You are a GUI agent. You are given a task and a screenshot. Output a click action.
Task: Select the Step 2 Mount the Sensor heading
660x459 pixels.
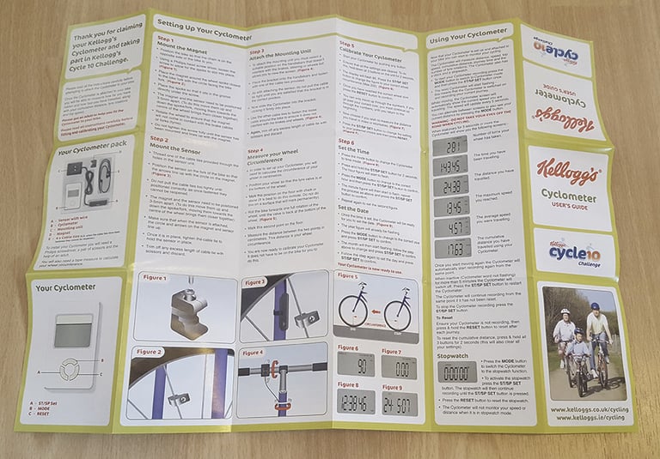click(x=172, y=145)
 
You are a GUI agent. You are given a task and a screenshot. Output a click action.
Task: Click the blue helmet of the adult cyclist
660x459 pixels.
click(x=595, y=306)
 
